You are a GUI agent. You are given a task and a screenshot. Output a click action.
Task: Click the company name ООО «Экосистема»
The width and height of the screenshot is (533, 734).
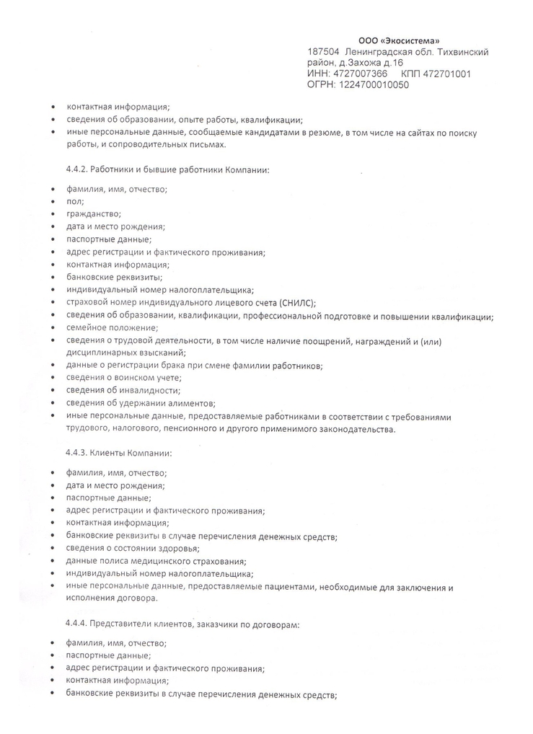398,40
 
